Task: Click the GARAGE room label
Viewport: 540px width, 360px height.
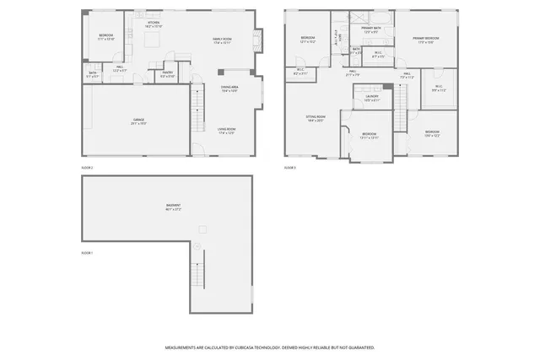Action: pyautogui.click(x=138, y=120)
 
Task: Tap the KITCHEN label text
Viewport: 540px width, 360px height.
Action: pyautogui.click(x=153, y=24)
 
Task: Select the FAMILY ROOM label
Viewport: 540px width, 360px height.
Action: pyautogui.click(x=223, y=40)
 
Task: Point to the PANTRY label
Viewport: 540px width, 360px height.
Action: pyautogui.click(x=168, y=73)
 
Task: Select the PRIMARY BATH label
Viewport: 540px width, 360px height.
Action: pyautogui.click(x=371, y=29)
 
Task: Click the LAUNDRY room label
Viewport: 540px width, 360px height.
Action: pyautogui.click(x=371, y=97)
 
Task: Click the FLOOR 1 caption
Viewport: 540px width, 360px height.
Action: pyautogui.click(x=87, y=253)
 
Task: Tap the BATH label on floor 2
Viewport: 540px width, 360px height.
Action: pyautogui.click(x=93, y=73)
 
